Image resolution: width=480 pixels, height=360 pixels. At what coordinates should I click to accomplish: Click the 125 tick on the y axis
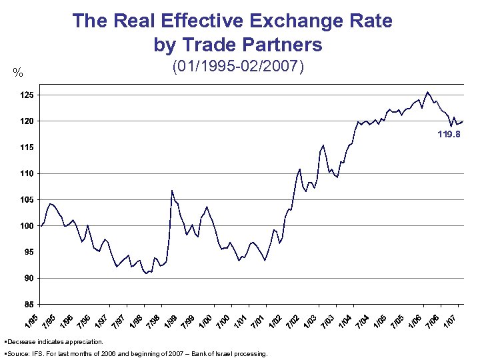point(25,95)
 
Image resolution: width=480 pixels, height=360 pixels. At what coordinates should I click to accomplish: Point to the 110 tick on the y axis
point(25,174)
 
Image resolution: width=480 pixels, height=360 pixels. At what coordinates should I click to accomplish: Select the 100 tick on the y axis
point(25,227)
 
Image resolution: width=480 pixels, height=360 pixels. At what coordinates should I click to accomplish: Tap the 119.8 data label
point(448,134)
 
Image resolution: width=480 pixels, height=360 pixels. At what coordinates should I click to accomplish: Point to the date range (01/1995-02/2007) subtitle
point(238,67)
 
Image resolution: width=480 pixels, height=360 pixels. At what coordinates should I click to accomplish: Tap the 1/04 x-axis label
point(345,319)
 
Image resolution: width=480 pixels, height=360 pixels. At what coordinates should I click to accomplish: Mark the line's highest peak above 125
point(427,92)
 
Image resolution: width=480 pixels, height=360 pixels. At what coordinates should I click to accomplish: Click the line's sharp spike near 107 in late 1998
point(172,191)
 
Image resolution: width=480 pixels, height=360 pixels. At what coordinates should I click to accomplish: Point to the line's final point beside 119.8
point(463,121)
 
